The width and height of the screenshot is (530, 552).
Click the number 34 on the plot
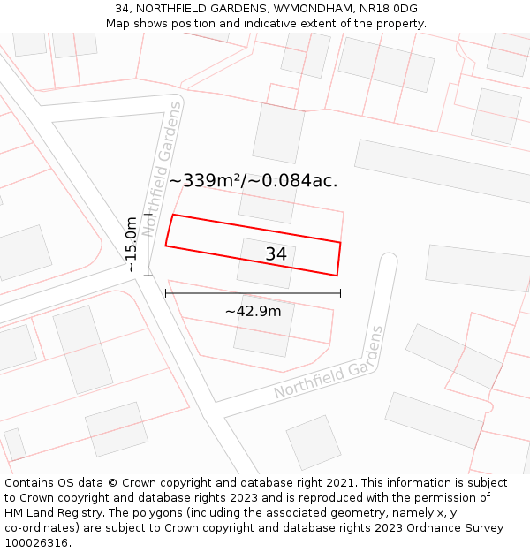pyautogui.click(x=276, y=254)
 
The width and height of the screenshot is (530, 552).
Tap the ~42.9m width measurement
pyautogui.click(x=253, y=311)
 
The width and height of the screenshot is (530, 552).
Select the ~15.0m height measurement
pyautogui.click(x=132, y=244)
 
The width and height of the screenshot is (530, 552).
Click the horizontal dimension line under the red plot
pyautogui.click(x=253, y=293)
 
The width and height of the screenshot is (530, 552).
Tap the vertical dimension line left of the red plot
pyautogui.click(x=148, y=244)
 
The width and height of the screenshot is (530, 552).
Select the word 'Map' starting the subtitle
pyautogui.click(x=117, y=24)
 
